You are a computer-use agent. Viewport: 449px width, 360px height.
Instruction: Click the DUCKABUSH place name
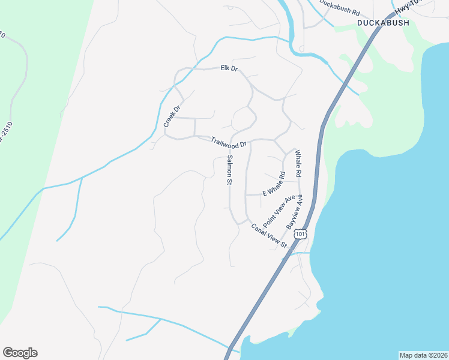pos(382,23)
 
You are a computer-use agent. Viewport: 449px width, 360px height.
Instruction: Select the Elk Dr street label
pos(229,68)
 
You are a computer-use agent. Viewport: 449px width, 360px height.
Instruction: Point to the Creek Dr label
pos(172,116)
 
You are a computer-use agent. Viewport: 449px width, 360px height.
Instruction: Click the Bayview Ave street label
pos(295,211)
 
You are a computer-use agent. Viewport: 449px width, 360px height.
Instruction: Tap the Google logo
pos(20,353)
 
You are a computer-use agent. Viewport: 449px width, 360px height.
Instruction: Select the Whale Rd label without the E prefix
pos(297,163)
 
